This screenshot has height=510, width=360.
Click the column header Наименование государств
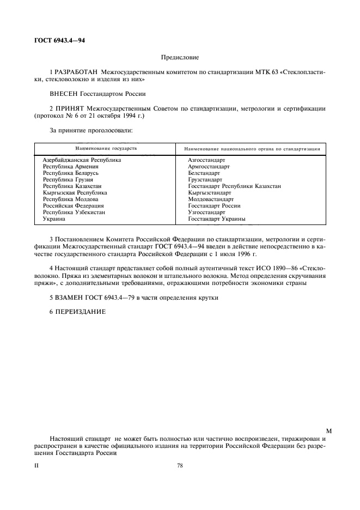click(106, 148)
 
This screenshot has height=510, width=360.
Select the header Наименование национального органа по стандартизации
click(252, 148)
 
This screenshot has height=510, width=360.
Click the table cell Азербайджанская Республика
click(82, 160)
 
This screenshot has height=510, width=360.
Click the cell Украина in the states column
click(54, 219)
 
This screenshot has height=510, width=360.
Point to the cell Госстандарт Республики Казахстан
click(234, 186)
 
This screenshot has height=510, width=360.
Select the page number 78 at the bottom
click(180, 466)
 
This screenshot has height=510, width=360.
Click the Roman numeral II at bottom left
click(36, 466)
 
